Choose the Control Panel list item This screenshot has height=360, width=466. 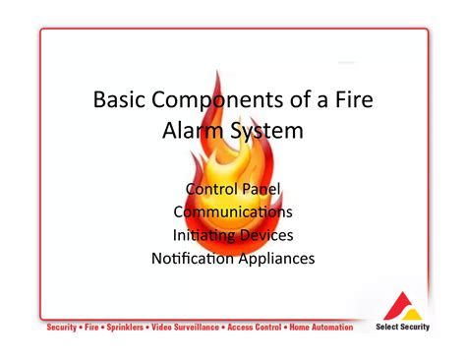232,188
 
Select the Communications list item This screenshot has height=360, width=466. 232,211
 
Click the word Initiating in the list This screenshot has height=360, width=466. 205,235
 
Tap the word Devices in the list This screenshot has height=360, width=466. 266,235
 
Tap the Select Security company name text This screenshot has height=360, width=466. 403,328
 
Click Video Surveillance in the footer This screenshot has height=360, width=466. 186,328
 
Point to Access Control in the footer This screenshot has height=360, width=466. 255,328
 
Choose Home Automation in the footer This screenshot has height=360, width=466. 320,328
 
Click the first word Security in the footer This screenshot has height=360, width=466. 64,328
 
